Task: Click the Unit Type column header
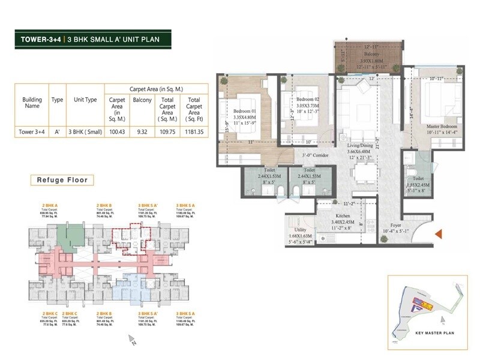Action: [85, 100]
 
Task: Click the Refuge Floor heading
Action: [62, 179]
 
